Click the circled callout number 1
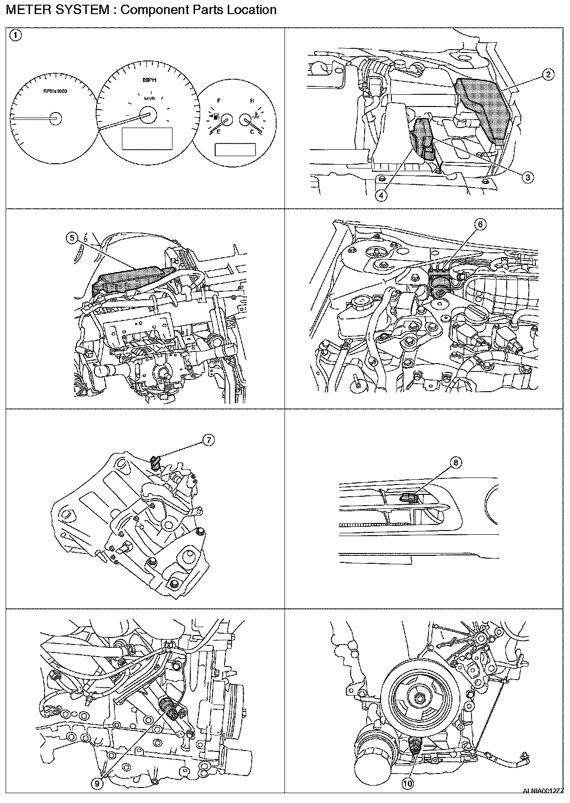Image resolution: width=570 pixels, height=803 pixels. coord(15,35)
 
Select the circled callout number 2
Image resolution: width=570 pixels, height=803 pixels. coord(547,74)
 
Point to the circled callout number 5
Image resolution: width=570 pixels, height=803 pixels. coord(72,238)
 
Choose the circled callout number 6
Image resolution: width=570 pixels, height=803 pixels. coord(480,224)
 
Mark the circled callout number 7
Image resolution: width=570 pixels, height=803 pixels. coord(208,439)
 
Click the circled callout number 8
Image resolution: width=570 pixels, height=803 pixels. coord(456,462)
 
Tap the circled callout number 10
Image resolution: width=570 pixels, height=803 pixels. coord(407,782)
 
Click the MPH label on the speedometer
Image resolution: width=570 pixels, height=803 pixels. coord(150,80)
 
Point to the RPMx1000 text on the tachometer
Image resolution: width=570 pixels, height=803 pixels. coord(55,91)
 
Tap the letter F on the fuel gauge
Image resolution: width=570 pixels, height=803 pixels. coord(219,101)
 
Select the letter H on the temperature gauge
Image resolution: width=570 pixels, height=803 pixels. coord(252,101)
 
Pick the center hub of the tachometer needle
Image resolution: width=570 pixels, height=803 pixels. coord(56,118)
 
